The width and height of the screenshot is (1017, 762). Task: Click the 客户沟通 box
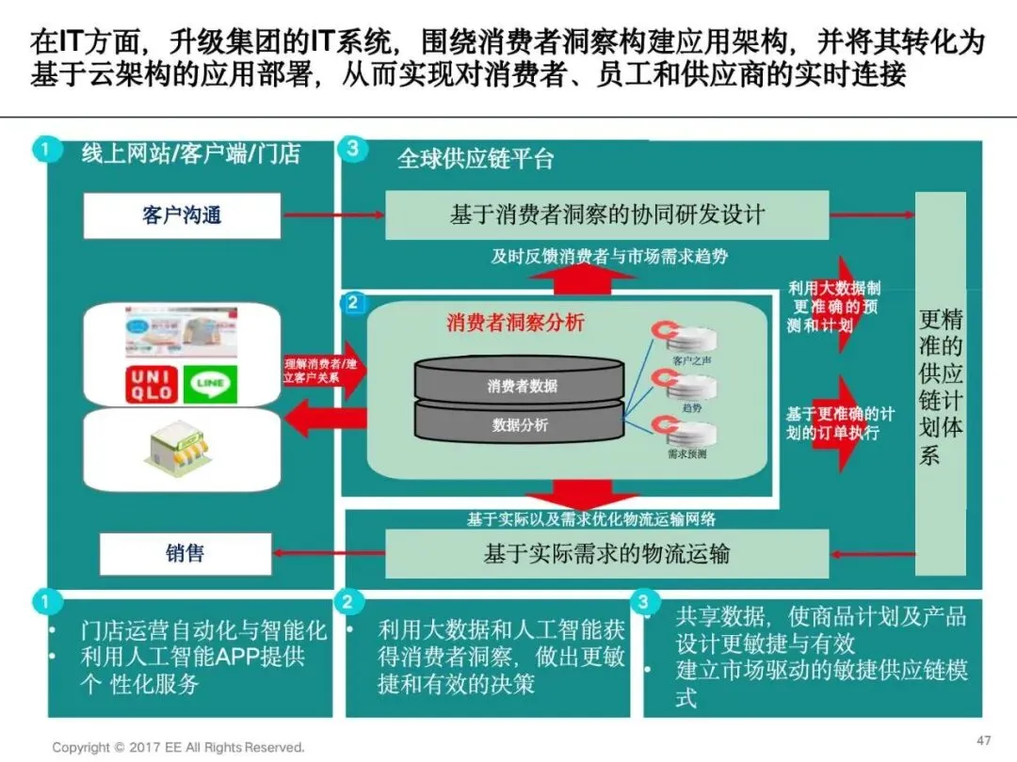click(x=182, y=216)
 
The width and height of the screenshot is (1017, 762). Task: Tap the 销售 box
click(x=185, y=554)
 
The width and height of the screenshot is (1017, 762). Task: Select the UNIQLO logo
click(x=151, y=384)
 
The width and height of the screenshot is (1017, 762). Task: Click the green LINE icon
click(x=210, y=384)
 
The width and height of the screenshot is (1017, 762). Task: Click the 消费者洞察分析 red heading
click(x=515, y=323)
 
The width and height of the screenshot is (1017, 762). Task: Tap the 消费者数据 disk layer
click(x=521, y=386)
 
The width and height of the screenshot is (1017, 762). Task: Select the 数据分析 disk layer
click(x=521, y=425)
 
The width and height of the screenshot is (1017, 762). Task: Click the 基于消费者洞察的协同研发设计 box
click(x=606, y=215)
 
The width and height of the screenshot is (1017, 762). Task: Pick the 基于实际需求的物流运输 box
click(x=606, y=554)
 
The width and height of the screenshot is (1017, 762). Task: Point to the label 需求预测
click(x=687, y=454)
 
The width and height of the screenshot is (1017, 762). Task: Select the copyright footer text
click(x=179, y=747)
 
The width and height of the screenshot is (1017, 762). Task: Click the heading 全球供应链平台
click(x=476, y=158)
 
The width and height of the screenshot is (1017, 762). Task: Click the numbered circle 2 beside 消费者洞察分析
click(x=353, y=303)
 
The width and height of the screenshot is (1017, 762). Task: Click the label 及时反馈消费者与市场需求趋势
click(x=609, y=256)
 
